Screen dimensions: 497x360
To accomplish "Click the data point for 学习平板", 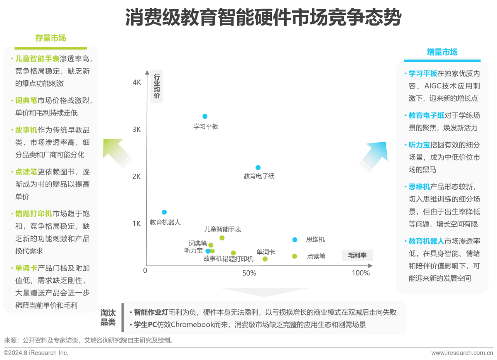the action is tap(205, 116).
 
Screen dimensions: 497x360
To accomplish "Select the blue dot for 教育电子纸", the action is tap(258, 168).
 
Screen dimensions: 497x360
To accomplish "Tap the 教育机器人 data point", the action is tap(164, 212).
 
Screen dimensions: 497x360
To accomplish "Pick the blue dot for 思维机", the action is tap(295, 240).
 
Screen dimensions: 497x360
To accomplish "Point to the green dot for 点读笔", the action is tap(294, 256).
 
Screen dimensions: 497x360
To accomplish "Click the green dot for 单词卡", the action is tap(265, 259).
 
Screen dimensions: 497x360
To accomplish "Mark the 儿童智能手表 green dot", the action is tap(222, 238).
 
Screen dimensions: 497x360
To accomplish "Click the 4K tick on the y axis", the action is tap(137, 83).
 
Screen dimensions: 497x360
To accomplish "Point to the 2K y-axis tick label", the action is tap(136, 177).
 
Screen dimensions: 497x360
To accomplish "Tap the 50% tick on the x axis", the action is tap(249, 273).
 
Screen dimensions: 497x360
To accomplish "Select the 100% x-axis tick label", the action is tap(361, 273).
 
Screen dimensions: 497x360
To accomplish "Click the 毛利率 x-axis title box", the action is tap(357, 255).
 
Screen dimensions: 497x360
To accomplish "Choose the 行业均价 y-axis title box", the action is tap(156, 86).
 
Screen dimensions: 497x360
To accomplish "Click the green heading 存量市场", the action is tap(50, 38).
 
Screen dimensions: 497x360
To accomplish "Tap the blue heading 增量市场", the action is tap(442, 52).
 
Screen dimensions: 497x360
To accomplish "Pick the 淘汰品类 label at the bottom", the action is tap(108, 317).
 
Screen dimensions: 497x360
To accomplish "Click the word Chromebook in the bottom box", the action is tap(192, 325).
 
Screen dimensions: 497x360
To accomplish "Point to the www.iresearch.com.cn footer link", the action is tap(462, 353).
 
